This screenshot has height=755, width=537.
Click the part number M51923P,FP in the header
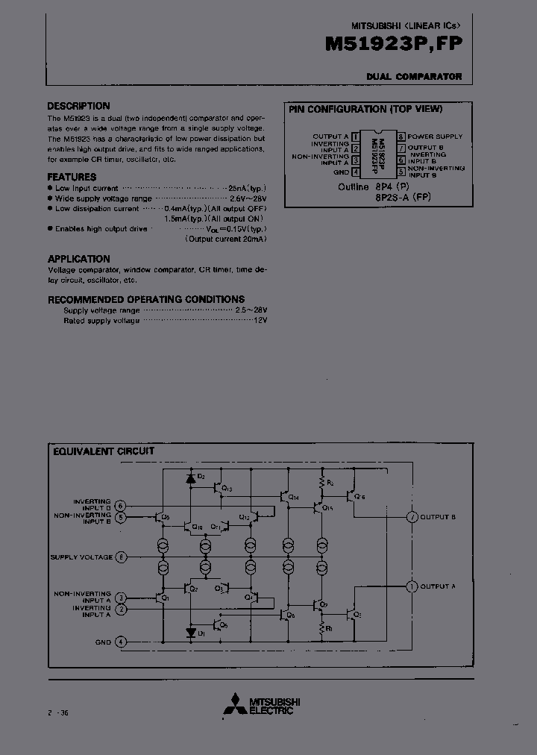point(393,45)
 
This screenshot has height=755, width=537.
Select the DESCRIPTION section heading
point(78,106)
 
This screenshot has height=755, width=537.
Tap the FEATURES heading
point(72,177)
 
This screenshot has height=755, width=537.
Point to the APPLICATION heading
point(79,258)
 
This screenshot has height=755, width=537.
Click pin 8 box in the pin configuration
point(401,137)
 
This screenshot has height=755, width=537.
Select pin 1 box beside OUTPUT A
point(355,137)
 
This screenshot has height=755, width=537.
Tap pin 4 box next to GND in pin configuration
point(355,172)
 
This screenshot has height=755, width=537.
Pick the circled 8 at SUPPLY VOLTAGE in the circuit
point(122,557)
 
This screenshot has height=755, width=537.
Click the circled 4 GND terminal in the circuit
point(122,642)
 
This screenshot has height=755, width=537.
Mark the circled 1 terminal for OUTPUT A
point(411,586)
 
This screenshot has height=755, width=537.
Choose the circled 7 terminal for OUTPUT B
point(411,517)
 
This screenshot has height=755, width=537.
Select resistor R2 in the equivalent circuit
point(323,483)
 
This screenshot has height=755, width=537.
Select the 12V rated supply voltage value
point(260,320)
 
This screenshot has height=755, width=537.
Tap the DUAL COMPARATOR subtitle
point(414,76)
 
